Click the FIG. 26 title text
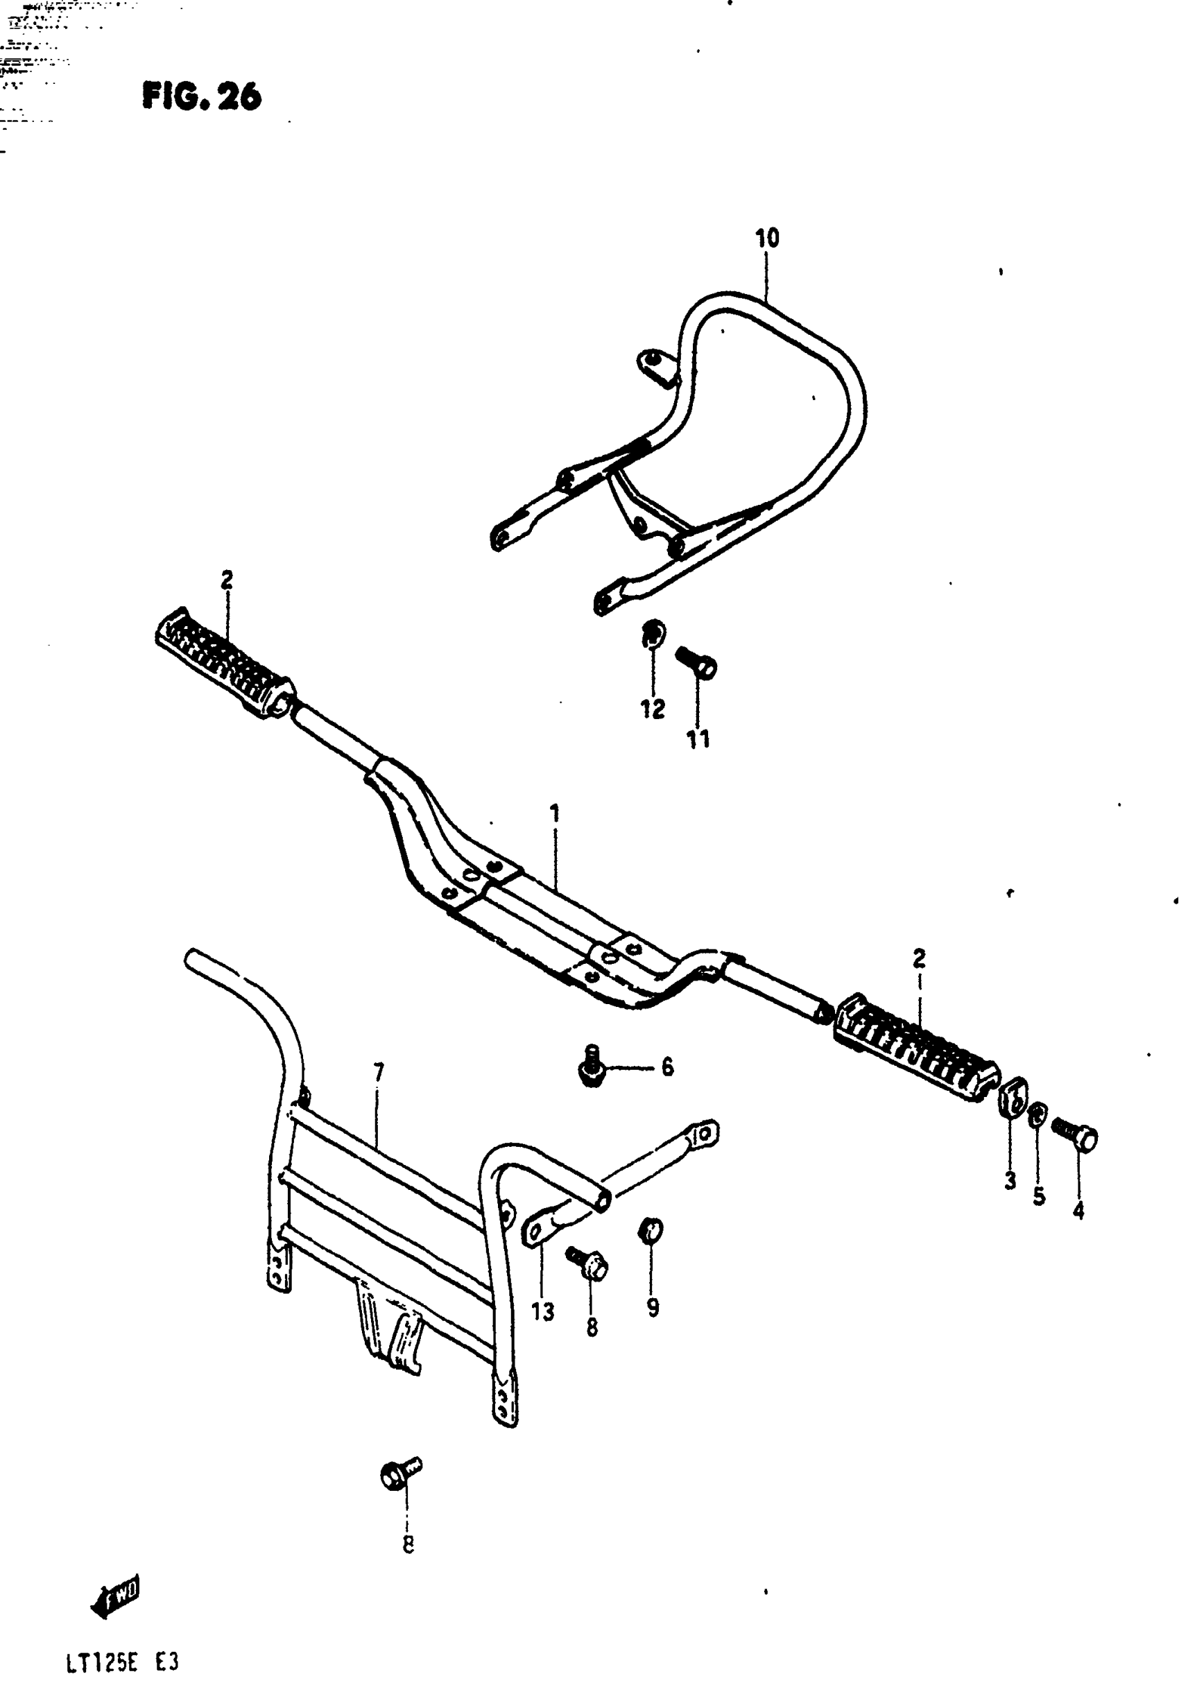pyautogui.click(x=201, y=97)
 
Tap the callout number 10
pyautogui.click(x=766, y=239)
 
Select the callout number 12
pyautogui.click(x=652, y=709)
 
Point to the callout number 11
pyautogui.click(x=698, y=739)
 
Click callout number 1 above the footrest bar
pyautogui.click(x=554, y=813)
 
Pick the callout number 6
pyautogui.click(x=667, y=1067)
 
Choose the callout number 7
pyautogui.click(x=378, y=1073)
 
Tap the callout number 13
pyautogui.click(x=543, y=1312)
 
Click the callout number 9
pyautogui.click(x=653, y=1308)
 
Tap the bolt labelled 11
pyautogui.click(x=697, y=662)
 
